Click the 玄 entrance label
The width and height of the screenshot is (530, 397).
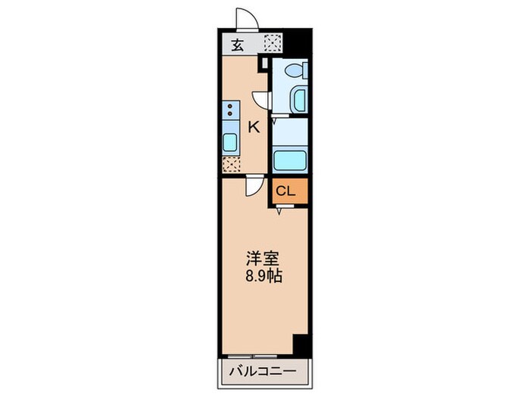(x=237, y=45)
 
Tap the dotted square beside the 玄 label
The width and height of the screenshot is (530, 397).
(x=271, y=44)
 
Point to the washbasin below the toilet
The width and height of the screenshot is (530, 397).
(x=298, y=99)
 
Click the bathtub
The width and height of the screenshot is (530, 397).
(x=290, y=160)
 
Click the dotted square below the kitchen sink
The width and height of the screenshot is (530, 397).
(x=230, y=163)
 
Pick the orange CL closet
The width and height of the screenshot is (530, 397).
(x=291, y=191)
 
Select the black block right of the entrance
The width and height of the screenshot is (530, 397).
(x=301, y=41)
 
